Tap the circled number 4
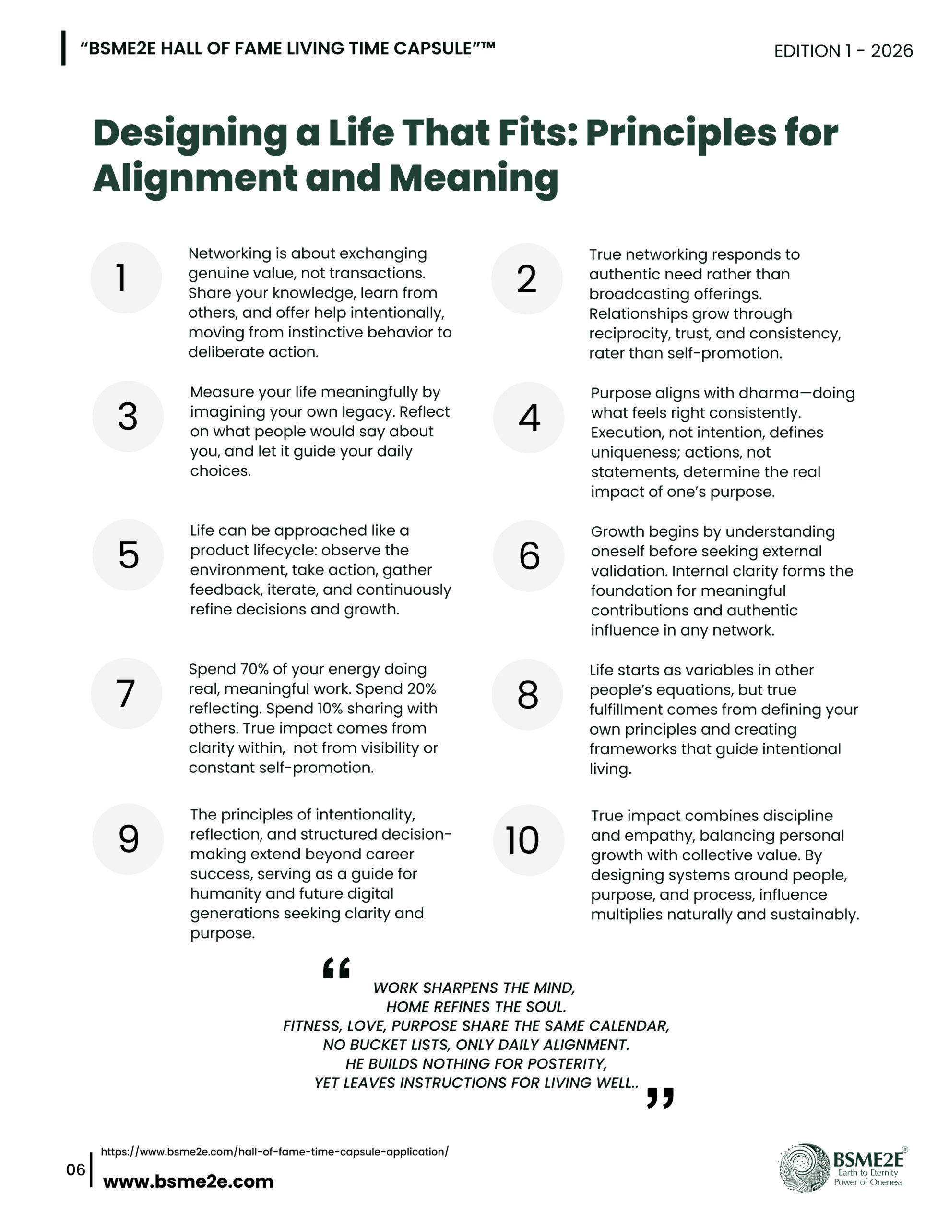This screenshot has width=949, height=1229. (528, 417)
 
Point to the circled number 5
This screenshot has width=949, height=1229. (128, 554)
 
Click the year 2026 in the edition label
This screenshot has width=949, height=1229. (891, 51)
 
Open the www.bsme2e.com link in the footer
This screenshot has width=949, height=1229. (188, 1181)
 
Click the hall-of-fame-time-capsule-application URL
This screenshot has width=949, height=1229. (274, 1151)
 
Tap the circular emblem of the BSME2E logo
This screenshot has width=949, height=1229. (805, 1167)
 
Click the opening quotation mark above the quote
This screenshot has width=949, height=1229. (336, 968)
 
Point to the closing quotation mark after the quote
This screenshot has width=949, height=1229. (660, 1097)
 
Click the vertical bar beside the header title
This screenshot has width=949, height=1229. (63, 48)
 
